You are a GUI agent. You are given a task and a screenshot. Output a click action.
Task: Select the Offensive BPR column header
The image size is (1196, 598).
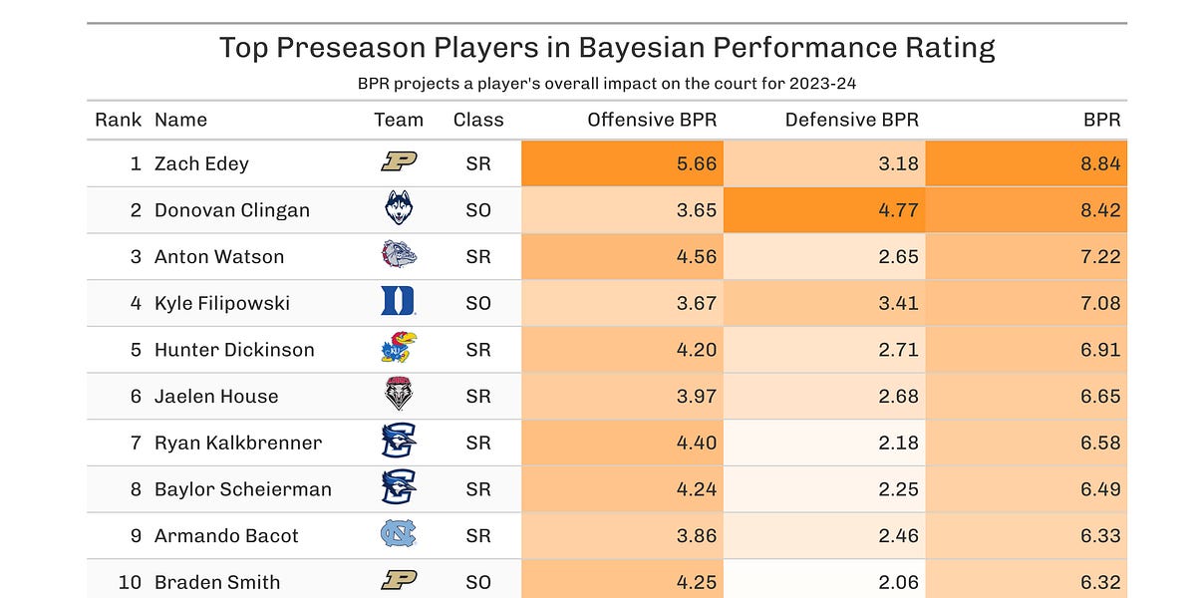pos(652,120)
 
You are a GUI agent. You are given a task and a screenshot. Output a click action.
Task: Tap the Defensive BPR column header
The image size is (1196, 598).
pos(851,120)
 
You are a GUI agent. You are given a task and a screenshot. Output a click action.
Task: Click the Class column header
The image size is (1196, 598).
pos(478,120)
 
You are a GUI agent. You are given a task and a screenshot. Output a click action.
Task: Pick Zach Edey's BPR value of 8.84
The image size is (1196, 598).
pos(1100,163)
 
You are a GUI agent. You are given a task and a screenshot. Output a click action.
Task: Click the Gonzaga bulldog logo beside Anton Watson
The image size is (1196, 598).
pos(399,256)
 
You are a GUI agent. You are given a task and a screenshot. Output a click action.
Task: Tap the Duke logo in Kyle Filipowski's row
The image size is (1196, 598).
pos(399,302)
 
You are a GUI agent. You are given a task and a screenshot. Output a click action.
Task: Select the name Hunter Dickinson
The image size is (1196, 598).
pos(234,350)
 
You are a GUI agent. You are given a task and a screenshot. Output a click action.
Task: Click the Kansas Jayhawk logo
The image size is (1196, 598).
pos(399,349)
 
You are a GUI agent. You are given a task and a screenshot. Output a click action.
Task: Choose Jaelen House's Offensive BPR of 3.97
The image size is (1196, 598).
pos(697,396)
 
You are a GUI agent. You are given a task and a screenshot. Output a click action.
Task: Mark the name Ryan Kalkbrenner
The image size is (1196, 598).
pos(238,443)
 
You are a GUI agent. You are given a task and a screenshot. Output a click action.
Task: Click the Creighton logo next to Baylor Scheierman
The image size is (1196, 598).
pos(399,488)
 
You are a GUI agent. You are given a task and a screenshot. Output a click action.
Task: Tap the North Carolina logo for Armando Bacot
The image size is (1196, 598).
pos(399,535)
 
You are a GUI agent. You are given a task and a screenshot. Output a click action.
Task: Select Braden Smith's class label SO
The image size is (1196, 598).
pos(478,582)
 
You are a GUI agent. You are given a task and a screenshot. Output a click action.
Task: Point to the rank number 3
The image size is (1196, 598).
pos(136,256)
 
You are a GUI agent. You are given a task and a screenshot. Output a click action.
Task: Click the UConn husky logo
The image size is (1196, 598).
pos(399,209)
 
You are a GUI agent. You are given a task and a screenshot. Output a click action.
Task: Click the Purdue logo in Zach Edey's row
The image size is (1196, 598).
pos(399,163)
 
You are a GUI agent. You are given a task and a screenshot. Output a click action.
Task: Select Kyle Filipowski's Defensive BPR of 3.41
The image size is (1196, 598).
pos(898,303)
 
